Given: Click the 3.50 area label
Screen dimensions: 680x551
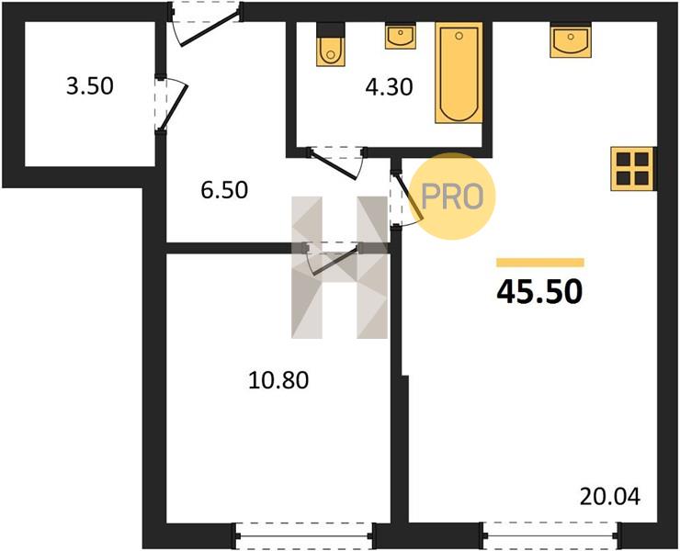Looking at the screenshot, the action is point(90,85).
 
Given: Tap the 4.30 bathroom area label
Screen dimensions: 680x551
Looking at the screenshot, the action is point(389,87).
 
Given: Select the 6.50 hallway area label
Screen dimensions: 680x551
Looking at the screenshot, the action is point(224,190).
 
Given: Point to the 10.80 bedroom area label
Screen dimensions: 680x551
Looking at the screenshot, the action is point(278,380).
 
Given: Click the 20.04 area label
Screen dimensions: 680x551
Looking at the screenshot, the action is point(610,497).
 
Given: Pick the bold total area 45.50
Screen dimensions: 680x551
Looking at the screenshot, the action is point(539,292).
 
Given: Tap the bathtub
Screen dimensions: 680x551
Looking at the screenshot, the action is point(459,73).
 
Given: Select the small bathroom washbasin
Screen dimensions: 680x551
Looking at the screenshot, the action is point(400,36).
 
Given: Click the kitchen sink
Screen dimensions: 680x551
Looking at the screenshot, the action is point(571,39).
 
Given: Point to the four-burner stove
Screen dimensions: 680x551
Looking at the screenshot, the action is point(632,169).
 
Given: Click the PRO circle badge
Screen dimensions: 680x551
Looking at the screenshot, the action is point(452,196).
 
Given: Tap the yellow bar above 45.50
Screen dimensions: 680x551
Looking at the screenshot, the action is point(540,263).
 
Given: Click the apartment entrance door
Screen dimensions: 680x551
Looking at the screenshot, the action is point(205,24).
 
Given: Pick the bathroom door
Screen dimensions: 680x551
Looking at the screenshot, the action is point(337,163).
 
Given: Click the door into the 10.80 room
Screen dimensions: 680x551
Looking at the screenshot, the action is point(333,259).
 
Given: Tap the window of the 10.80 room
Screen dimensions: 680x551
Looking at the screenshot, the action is point(304,536).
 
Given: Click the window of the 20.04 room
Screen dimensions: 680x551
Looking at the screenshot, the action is point(550,535).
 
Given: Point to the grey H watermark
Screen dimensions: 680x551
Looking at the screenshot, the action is point(340,267).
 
